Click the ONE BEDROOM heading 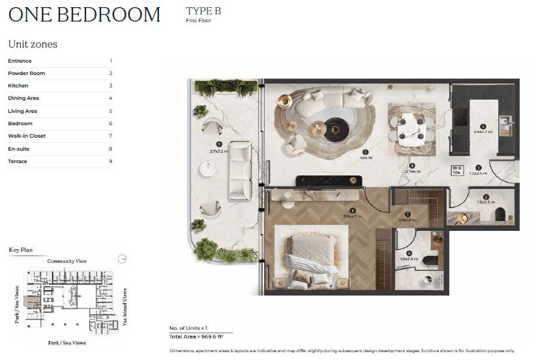84,14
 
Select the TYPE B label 203,11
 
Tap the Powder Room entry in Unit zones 27,73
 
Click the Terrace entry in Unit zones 18,161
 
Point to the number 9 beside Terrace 110,161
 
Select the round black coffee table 337,128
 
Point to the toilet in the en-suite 431,261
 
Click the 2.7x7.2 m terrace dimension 218,151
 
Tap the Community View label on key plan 67,262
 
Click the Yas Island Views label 124,301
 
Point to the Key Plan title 20,250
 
